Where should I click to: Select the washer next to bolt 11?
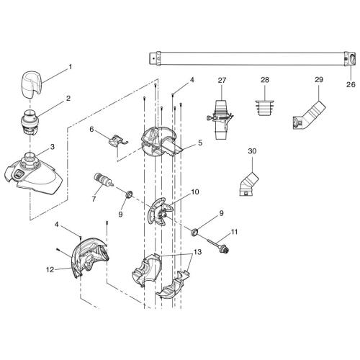195,232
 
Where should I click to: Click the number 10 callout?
195,193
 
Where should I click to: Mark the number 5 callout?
199,143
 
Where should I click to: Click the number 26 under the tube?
351,84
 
